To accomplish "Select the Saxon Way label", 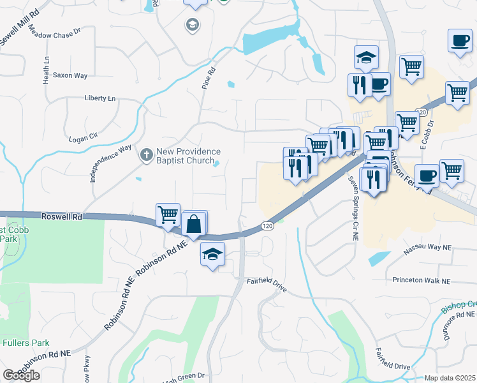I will click(70, 75).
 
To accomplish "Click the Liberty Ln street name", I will click(100, 98).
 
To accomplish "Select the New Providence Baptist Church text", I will click(188, 156).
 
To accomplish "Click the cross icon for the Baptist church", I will click(146, 154).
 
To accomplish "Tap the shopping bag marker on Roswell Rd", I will click(194, 225).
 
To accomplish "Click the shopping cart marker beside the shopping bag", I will click(168, 215).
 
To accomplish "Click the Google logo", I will click(21, 375).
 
